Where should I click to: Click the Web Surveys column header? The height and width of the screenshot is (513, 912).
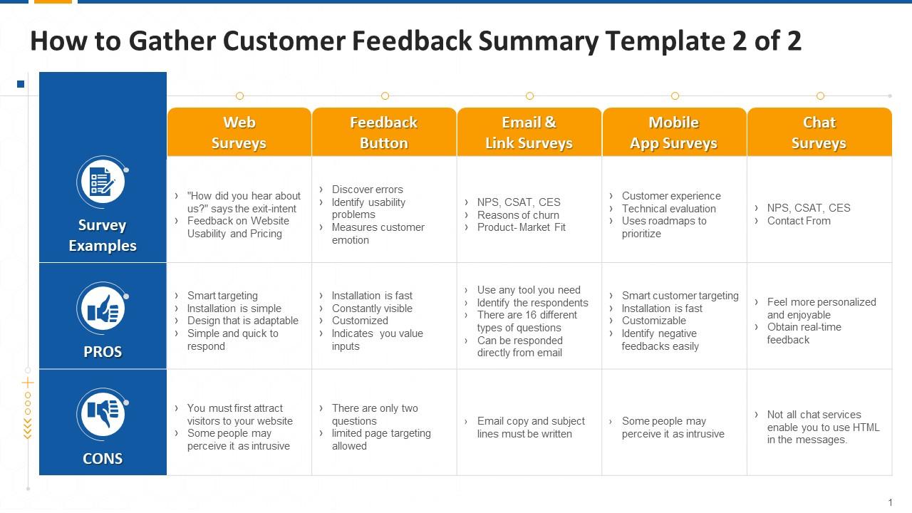pyautogui.click(x=239, y=132)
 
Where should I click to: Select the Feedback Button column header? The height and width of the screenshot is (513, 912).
pyautogui.click(x=384, y=132)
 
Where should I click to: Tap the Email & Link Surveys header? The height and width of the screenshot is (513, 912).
pyautogui.click(x=529, y=132)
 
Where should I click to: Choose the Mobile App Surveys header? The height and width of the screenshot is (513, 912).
pyautogui.click(x=674, y=132)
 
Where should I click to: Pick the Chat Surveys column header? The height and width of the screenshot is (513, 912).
pyautogui.click(x=819, y=132)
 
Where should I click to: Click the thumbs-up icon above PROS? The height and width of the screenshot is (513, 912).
pyautogui.click(x=103, y=309)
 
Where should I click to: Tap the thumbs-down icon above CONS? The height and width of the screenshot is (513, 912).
pyautogui.click(x=103, y=415)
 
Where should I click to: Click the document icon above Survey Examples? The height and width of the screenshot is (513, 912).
pyautogui.click(x=103, y=182)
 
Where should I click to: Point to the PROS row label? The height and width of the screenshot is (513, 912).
pyautogui.click(x=103, y=352)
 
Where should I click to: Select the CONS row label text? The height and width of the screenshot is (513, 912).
pyautogui.click(x=103, y=459)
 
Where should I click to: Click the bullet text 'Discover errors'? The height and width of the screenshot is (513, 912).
pyautogui.click(x=367, y=190)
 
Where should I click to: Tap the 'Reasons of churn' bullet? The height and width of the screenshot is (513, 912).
pyautogui.click(x=518, y=215)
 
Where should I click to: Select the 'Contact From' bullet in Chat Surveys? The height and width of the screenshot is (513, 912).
pyautogui.click(x=799, y=221)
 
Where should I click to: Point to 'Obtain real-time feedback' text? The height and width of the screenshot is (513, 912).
pyautogui.click(x=804, y=333)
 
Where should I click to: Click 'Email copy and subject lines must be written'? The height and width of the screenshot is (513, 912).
pyautogui.click(x=531, y=427)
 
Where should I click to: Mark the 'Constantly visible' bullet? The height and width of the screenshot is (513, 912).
pyautogui.click(x=372, y=309)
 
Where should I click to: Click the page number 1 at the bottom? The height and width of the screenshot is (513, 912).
pyautogui.click(x=891, y=502)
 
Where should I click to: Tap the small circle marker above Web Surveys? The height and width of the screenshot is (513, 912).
pyautogui.click(x=240, y=96)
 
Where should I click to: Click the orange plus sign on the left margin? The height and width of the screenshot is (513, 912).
pyautogui.click(x=28, y=383)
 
